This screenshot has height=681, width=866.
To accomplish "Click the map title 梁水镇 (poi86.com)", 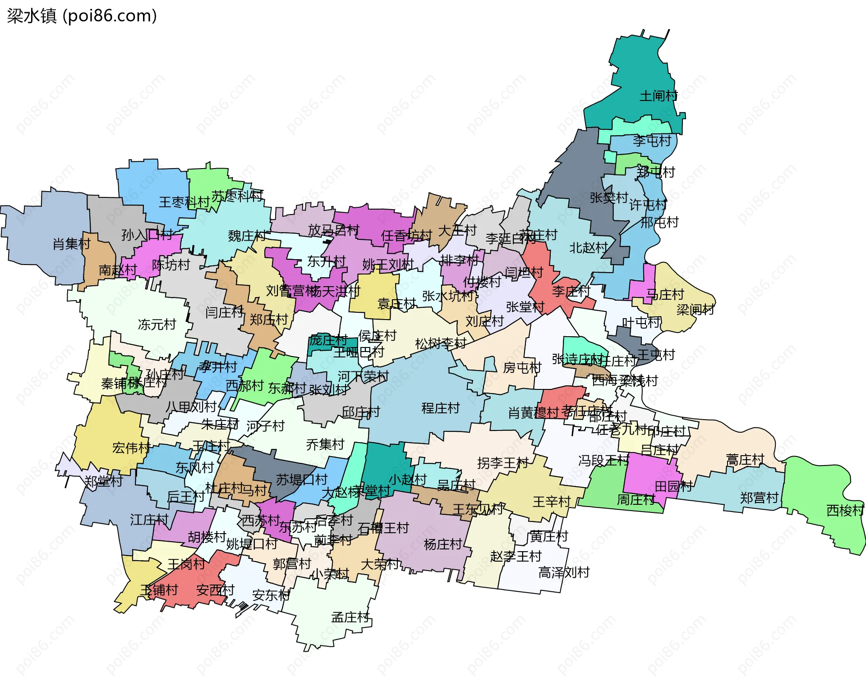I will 82,16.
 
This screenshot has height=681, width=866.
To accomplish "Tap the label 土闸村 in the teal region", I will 659,96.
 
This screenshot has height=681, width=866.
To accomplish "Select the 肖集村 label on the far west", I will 71,244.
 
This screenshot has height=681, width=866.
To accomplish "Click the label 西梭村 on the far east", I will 845,510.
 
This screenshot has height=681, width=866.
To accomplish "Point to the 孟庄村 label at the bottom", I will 350,617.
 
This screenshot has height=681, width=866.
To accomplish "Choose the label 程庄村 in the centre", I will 440,408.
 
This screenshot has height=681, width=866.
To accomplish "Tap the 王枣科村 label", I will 184,202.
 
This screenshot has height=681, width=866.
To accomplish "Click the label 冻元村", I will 157,324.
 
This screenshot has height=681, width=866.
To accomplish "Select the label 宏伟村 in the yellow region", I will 131,448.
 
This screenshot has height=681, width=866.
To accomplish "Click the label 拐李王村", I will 502,463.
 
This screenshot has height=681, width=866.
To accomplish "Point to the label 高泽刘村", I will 564,572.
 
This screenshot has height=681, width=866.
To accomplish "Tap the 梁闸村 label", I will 695,310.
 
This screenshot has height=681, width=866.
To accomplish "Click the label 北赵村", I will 588,247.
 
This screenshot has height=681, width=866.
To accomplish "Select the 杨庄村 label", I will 442,544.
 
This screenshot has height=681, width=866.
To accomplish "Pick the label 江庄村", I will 149,520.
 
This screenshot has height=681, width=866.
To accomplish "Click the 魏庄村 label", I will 247,236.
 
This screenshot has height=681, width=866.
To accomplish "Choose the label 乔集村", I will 325,444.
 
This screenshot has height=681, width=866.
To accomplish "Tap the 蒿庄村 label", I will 745,460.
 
